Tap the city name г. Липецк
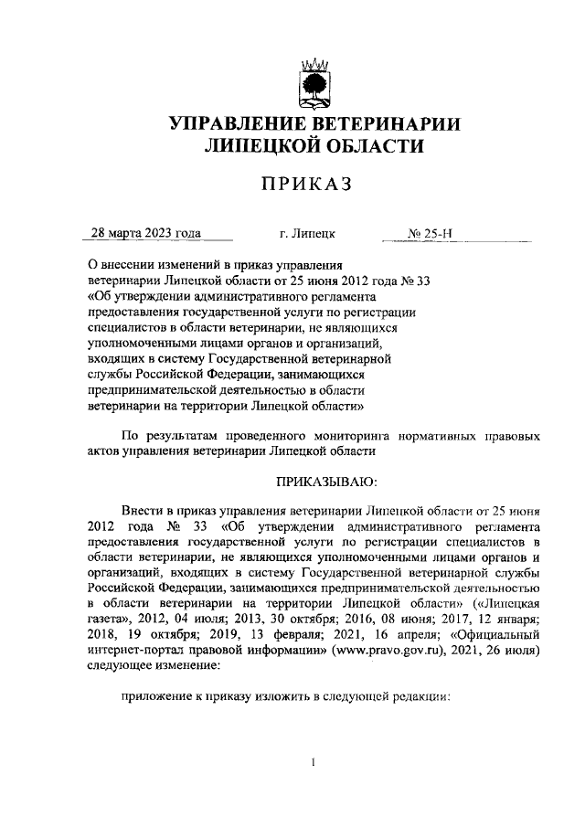tap(308, 233)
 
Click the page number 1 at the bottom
tap(314, 762)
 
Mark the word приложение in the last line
tap(157, 695)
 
